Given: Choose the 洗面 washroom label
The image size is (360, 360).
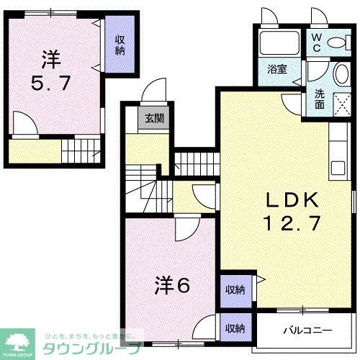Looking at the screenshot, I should click(x=319, y=98).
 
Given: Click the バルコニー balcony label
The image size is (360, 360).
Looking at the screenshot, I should click(x=306, y=330).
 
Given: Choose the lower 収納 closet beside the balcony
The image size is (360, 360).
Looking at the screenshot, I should click(x=235, y=328).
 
